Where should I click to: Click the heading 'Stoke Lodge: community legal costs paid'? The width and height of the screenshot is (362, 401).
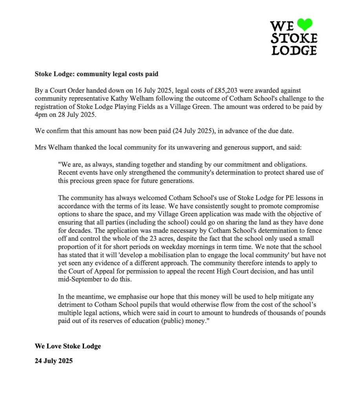[x=96, y=74]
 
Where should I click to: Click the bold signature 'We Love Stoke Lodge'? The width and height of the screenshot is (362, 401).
[x=68, y=346]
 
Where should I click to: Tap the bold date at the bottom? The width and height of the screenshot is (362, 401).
[x=53, y=361]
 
